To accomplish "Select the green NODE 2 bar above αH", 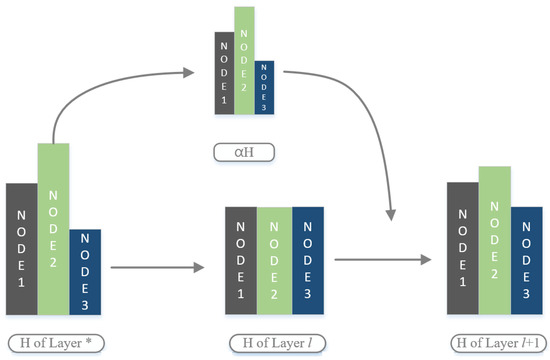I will click(x=243, y=60).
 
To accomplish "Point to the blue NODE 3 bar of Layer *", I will click(x=85, y=270).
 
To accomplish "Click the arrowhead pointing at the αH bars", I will click(x=190, y=71).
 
